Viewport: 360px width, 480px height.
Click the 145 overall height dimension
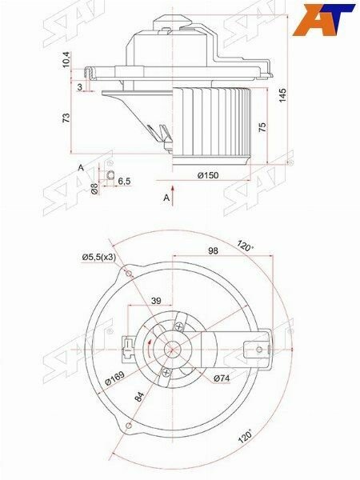pyautogui.click(x=282, y=95)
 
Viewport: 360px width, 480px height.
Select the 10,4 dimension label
pyautogui.click(x=66, y=60)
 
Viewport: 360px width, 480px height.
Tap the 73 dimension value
pyautogui.click(x=66, y=118)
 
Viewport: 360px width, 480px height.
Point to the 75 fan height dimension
pyautogui.click(x=262, y=127)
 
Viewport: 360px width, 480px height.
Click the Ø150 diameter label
pyautogui.click(x=208, y=175)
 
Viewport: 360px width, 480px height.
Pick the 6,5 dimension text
pyautogui.click(x=124, y=182)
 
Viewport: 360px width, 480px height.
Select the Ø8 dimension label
pyautogui.click(x=94, y=188)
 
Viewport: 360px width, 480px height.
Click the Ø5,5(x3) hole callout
pyautogui.click(x=99, y=258)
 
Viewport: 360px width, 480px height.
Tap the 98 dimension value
pyautogui.click(x=213, y=250)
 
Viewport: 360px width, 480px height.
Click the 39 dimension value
pyautogui.click(x=156, y=301)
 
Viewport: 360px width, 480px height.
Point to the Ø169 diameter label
pyautogui.click(x=114, y=378)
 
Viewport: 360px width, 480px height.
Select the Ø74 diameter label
pyautogui.click(x=222, y=378)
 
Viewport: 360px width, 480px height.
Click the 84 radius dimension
pyautogui.click(x=139, y=397)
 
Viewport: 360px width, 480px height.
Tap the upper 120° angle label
pyautogui.click(x=246, y=246)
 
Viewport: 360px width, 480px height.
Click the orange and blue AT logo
pyautogui.click(x=323, y=20)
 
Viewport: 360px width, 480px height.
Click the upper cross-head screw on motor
pyautogui.click(x=179, y=326)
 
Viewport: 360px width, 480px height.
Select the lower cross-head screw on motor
pyautogui.click(x=166, y=373)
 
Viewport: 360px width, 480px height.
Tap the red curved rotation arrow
pyautogui.click(x=148, y=349)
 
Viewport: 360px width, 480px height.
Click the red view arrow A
pyautogui.click(x=173, y=195)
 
